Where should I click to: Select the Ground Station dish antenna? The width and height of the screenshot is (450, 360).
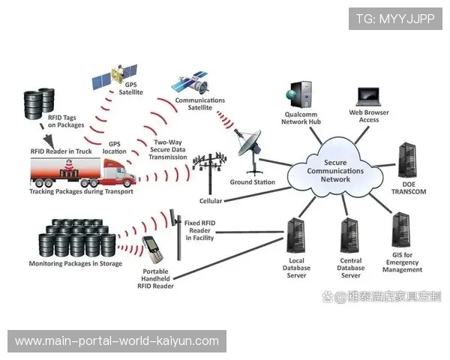click(250, 143)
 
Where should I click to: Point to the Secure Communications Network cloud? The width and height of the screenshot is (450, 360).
click(335, 170)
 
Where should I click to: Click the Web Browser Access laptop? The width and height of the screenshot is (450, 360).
click(369, 97)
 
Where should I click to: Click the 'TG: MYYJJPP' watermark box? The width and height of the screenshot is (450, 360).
click(395, 18)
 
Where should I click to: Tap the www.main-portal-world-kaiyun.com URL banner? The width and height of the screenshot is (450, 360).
click(117, 341)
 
